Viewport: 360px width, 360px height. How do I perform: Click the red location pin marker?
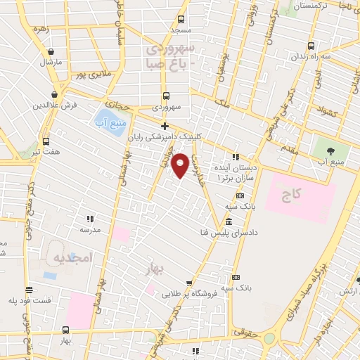(x=181, y=165)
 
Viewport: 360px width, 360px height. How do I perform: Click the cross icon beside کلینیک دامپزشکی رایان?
(x=165, y=127)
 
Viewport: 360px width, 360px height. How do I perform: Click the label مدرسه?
(x=90, y=230)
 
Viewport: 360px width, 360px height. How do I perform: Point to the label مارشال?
(x=51, y=62)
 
